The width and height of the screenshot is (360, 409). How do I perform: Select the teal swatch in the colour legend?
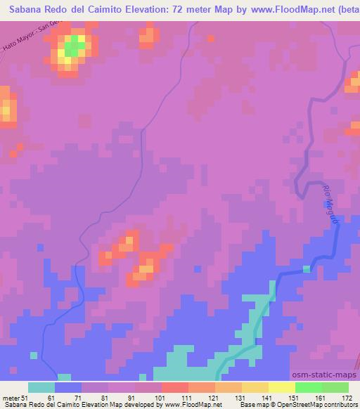(x=41, y=387)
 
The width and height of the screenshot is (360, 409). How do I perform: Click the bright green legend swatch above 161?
(x=308, y=387)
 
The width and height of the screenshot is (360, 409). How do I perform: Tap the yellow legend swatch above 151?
(x=281, y=387)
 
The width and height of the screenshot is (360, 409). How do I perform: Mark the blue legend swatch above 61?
(x=68, y=387)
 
